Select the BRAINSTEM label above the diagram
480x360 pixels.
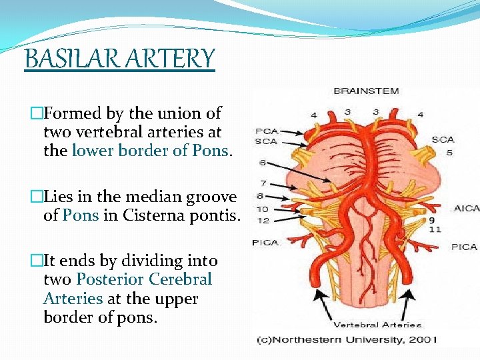coord(366,91)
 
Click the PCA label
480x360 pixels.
coord(267,131)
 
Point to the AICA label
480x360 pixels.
coord(466,208)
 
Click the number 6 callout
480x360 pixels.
coord(263,163)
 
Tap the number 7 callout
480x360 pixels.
coord(263,183)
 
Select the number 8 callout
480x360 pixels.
coord(263,196)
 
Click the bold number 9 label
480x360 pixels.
coord(433,219)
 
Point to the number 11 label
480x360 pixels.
coord(435,229)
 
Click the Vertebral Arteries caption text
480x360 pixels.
coord(377,325)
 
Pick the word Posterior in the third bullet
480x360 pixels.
coord(111,279)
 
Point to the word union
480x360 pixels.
coord(178,113)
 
